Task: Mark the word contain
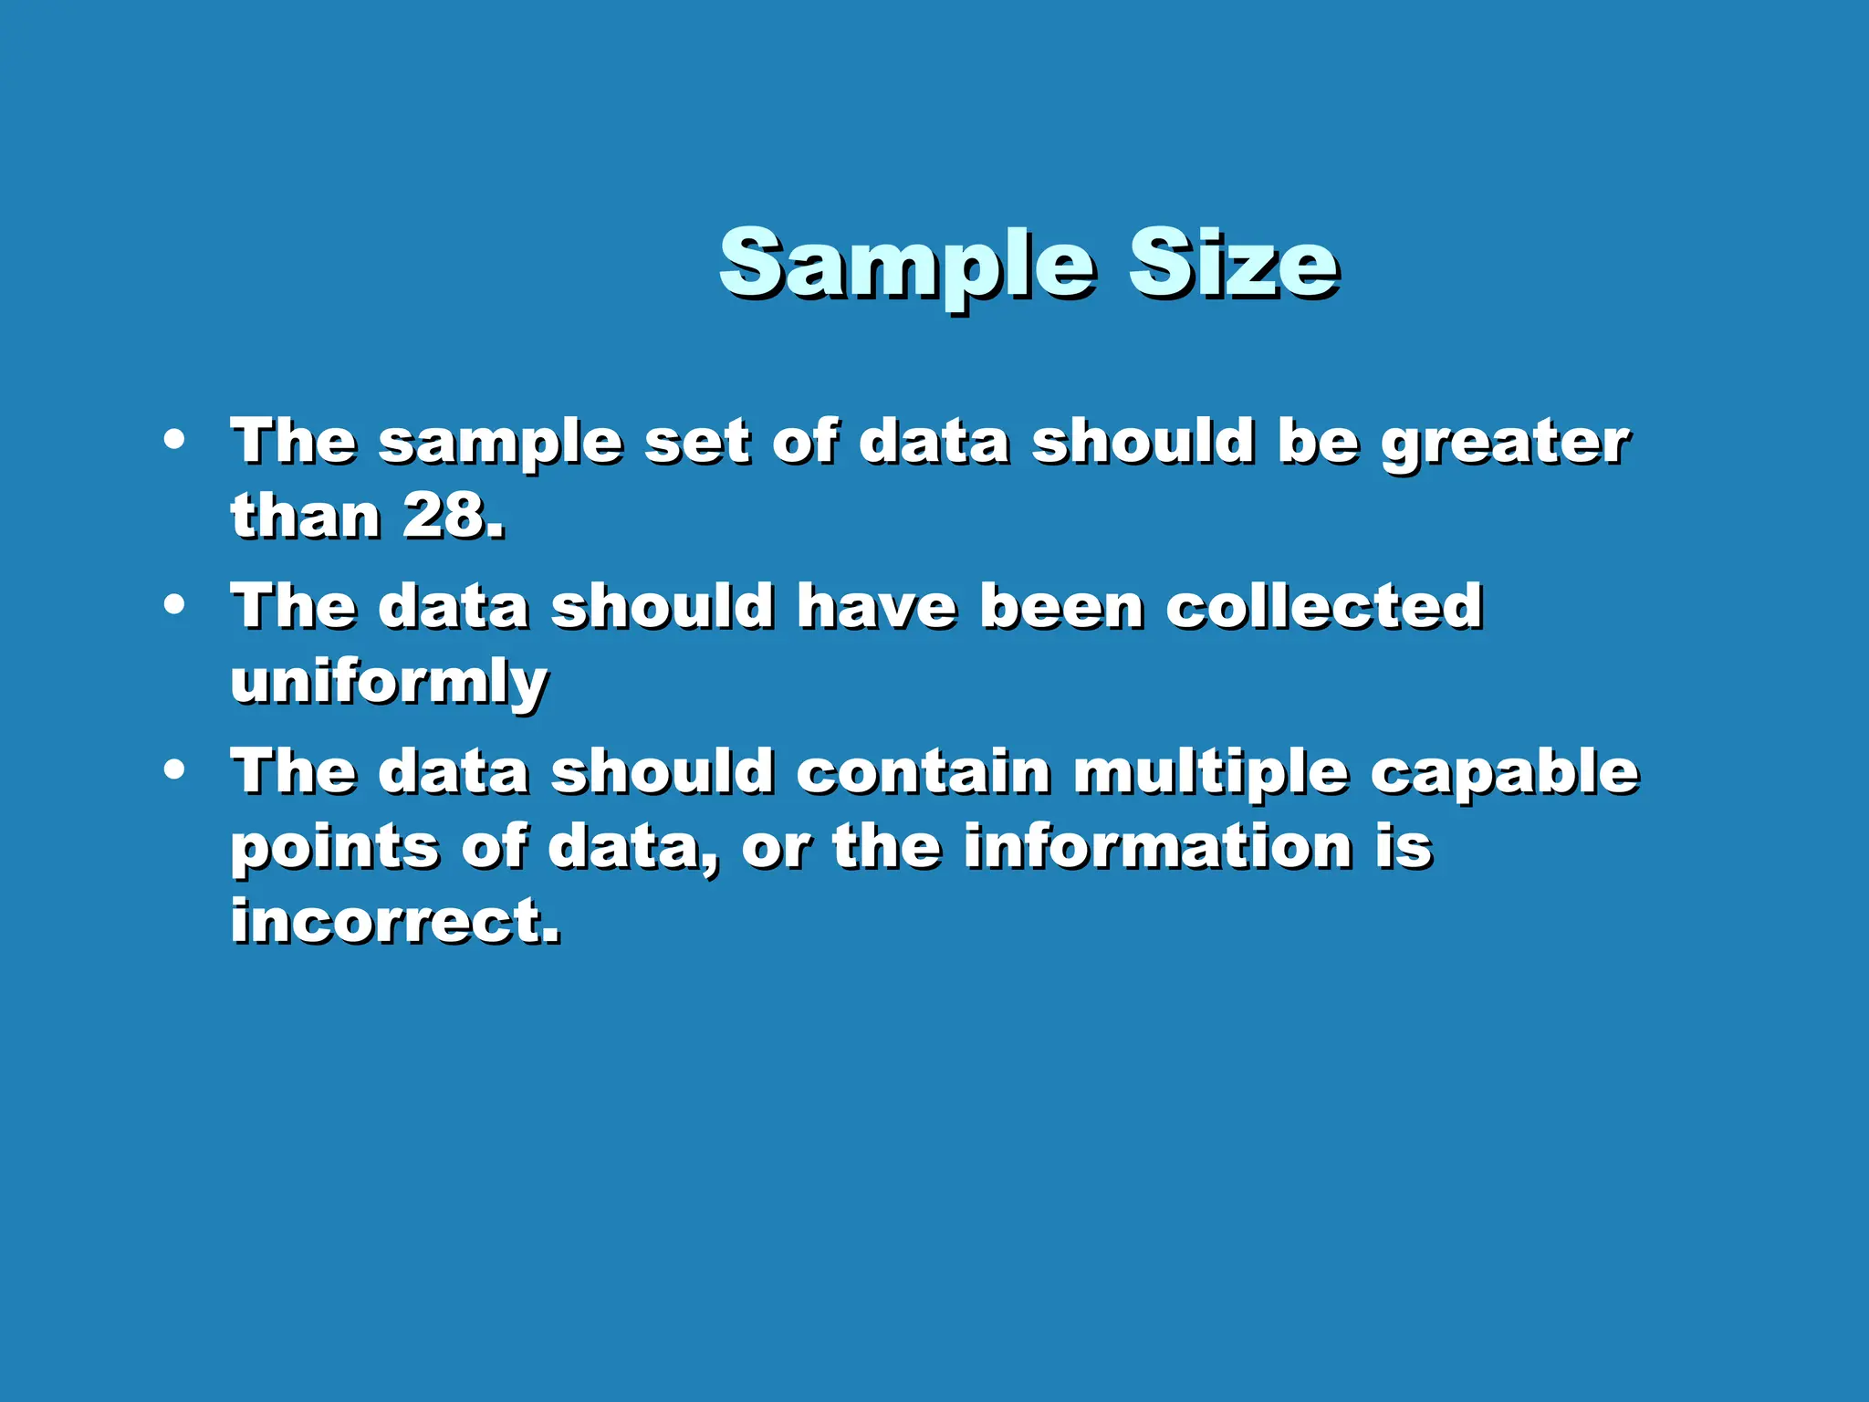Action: [924, 772]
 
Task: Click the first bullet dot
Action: [174, 440]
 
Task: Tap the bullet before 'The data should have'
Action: [174, 605]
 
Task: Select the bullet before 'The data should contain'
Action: [174, 770]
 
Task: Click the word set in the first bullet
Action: [697, 443]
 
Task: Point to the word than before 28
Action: [305, 517]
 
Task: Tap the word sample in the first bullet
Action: [499, 445]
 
